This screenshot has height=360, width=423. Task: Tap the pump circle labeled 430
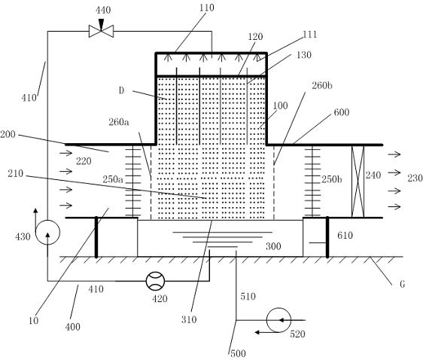point(47,233)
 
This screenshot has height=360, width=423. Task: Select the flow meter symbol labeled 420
point(155,281)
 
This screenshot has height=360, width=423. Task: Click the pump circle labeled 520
point(278,320)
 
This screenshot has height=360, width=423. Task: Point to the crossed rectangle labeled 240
point(358,181)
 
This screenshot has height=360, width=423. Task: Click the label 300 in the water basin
point(273,246)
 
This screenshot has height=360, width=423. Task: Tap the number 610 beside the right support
point(345,235)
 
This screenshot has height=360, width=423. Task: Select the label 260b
point(322,86)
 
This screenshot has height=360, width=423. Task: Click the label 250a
point(113,179)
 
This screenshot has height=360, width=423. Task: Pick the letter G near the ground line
point(402,284)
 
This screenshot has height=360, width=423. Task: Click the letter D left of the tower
point(122,90)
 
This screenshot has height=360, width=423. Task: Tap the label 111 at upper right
point(310,35)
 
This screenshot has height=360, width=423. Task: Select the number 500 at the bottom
point(238,353)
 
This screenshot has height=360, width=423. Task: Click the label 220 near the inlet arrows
point(84,161)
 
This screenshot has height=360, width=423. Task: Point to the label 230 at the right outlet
point(415,178)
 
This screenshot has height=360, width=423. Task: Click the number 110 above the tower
point(207,8)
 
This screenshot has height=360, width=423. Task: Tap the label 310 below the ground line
point(189,319)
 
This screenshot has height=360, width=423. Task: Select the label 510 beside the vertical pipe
point(248,296)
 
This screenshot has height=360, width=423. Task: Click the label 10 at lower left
point(33,321)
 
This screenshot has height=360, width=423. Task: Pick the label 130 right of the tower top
point(304,55)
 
